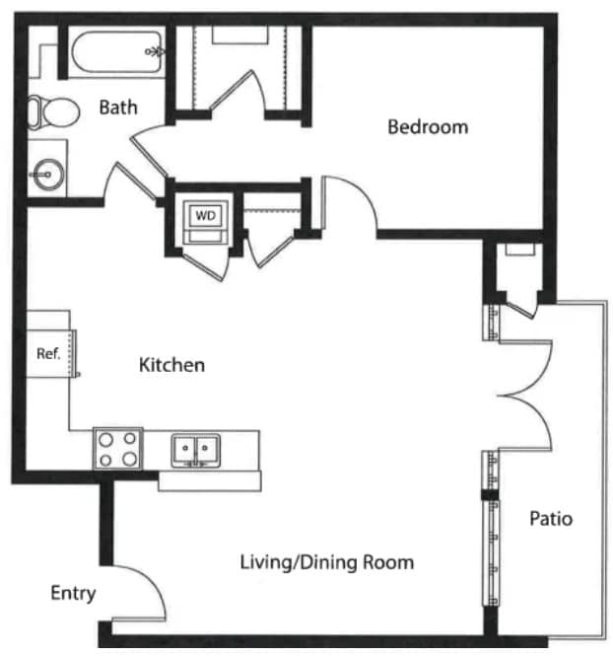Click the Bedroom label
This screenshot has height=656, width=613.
pyautogui.click(x=428, y=127)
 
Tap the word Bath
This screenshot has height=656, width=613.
pyautogui.click(x=118, y=108)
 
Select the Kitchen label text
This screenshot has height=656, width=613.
pyautogui.click(x=171, y=365)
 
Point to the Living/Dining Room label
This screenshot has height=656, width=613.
pyautogui.click(x=327, y=562)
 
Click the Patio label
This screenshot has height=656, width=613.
pyautogui.click(x=551, y=519)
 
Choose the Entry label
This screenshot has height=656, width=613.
pyautogui.click(x=73, y=593)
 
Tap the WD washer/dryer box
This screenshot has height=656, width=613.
pyautogui.click(x=206, y=223)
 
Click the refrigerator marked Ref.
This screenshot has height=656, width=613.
pyautogui.click(x=50, y=353)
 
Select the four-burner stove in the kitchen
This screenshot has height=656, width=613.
pyautogui.click(x=118, y=449)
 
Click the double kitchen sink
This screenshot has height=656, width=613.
pyautogui.click(x=196, y=451)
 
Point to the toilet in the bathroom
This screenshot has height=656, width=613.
pyautogui.click(x=53, y=112)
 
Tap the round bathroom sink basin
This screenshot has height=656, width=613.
pyautogui.click(x=49, y=175)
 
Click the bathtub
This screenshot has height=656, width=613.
pyautogui.click(x=116, y=52)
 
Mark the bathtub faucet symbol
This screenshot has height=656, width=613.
pyautogui.click(x=155, y=52)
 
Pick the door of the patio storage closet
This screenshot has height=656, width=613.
pyautogui.click(x=521, y=308)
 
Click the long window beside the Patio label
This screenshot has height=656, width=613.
pyautogui.click(x=492, y=553)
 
